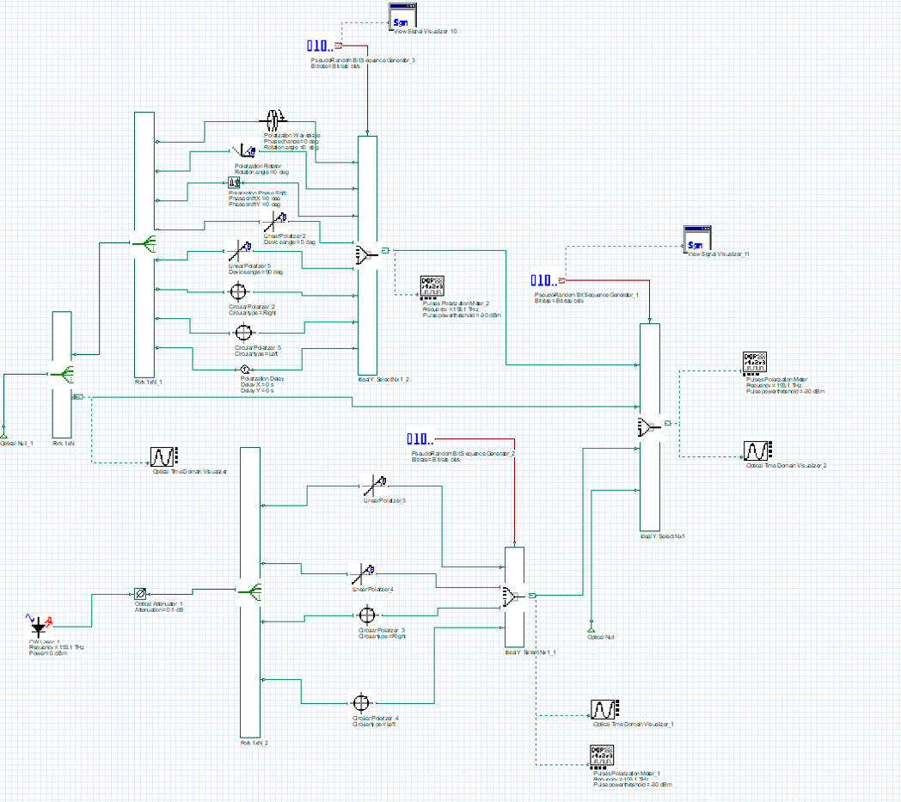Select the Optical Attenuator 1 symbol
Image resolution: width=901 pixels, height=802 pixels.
140,593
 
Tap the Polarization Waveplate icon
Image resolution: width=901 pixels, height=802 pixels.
274,119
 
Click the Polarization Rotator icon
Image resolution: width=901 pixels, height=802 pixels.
242,152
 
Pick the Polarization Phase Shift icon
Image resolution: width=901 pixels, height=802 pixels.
235,182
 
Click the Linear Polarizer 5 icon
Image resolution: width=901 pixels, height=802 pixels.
239,253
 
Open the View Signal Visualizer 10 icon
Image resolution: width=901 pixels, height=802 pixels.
401,19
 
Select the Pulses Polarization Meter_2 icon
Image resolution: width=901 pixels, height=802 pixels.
432,287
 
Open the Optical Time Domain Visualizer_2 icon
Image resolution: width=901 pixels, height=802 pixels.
757,450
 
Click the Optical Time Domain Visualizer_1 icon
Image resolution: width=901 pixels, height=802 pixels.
603,710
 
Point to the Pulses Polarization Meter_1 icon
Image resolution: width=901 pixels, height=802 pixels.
602,756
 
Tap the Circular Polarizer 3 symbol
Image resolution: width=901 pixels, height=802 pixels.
368,615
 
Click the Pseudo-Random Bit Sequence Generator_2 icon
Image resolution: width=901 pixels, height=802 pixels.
422,440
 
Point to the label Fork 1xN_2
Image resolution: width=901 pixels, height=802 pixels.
254,742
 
